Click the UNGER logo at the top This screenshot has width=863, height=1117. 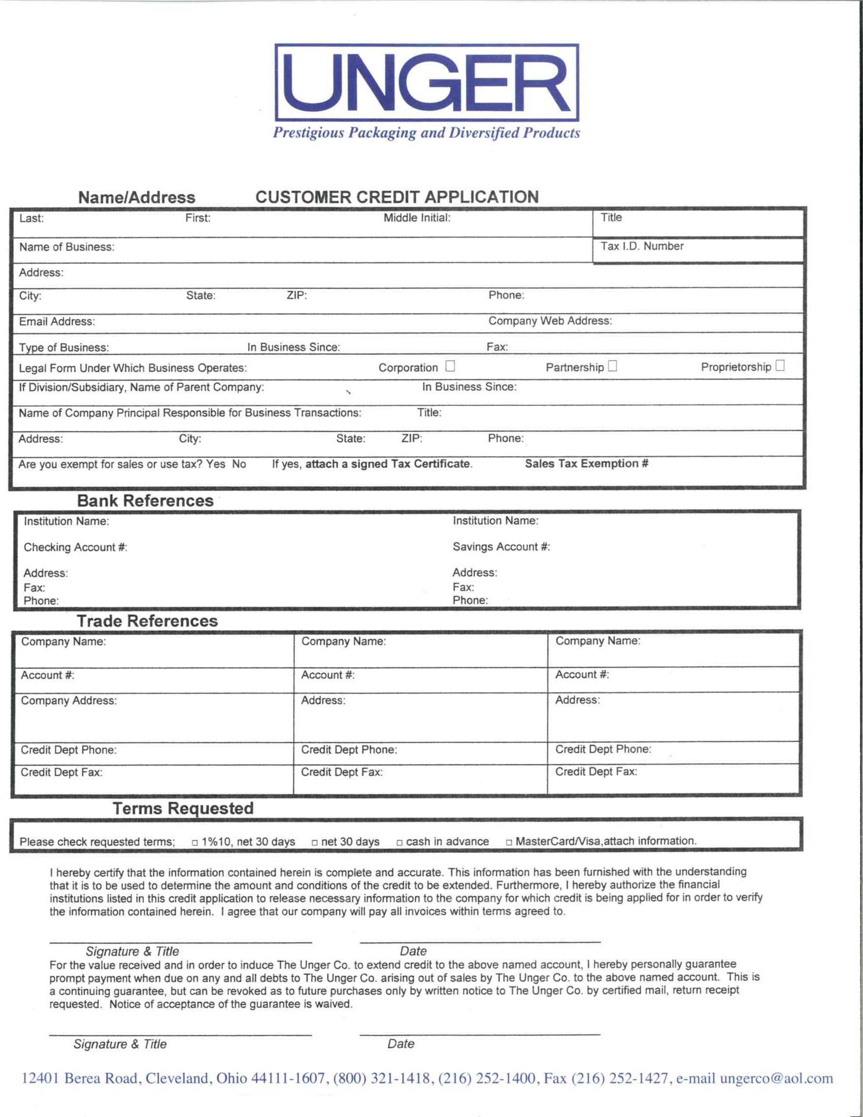point(427,82)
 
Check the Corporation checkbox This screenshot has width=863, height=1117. point(450,366)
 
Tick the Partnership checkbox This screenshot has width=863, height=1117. point(613,366)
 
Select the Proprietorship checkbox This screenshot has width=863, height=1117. point(780,365)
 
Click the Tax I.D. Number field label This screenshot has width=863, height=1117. point(642,246)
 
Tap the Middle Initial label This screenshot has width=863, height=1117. point(417,218)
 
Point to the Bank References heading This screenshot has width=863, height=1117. point(145,501)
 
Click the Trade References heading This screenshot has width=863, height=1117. point(147,621)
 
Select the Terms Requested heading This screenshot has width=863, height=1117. point(183,808)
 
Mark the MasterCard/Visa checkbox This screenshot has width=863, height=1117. point(509,842)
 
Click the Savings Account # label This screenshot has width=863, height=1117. point(501,547)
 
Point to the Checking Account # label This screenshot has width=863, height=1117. point(75,547)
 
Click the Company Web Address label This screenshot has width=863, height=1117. point(550,321)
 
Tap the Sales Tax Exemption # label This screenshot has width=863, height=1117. point(586,464)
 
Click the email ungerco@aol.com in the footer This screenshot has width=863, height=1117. point(776,1078)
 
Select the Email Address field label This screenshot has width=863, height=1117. point(57,321)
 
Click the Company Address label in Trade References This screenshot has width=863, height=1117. point(69,700)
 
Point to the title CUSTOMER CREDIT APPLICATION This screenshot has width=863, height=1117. point(397,197)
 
